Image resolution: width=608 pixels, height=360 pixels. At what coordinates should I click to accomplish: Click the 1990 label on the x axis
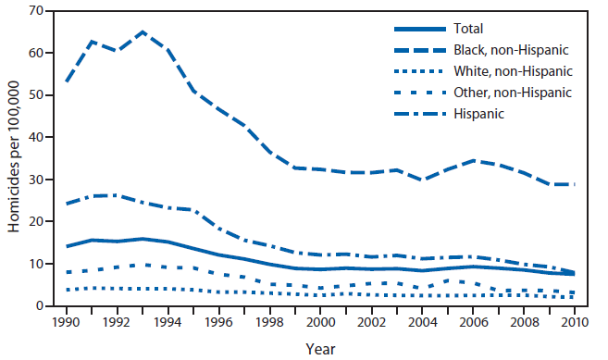[66, 323]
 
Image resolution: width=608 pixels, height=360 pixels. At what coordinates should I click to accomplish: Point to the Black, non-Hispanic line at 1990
[66, 81]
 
